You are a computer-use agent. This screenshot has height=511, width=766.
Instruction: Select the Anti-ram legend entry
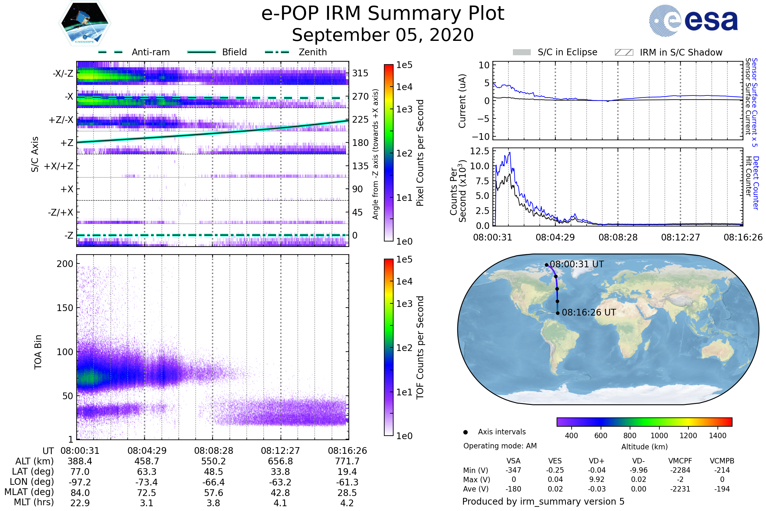click(x=150, y=52)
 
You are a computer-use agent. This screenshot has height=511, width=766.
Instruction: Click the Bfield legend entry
click(x=234, y=52)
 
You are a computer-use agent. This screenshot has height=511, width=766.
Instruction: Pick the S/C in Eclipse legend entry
click(x=567, y=52)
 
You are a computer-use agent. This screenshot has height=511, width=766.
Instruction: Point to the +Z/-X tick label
click(x=61, y=120)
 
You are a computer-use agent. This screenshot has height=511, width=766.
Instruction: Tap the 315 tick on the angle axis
click(x=360, y=73)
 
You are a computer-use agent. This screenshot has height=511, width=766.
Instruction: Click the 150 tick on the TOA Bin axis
click(x=65, y=308)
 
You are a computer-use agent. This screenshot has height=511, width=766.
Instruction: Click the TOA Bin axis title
click(x=38, y=352)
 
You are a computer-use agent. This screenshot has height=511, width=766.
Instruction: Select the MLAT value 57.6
click(x=213, y=493)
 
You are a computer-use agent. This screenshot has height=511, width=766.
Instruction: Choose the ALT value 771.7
click(x=347, y=461)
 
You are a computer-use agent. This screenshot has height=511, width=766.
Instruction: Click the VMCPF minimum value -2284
click(x=680, y=470)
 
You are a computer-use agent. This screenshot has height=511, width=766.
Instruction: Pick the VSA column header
click(x=513, y=461)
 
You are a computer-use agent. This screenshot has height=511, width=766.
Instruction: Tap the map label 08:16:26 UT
click(x=589, y=313)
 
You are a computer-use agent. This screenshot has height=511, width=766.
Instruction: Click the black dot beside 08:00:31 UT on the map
click(x=546, y=265)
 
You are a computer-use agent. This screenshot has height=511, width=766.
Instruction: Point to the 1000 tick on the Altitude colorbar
click(x=659, y=436)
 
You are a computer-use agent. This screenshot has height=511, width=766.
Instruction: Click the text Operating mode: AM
click(x=500, y=446)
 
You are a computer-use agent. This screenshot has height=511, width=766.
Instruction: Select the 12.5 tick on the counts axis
click(x=479, y=151)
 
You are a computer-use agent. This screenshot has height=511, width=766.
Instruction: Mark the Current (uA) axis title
click(x=462, y=101)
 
